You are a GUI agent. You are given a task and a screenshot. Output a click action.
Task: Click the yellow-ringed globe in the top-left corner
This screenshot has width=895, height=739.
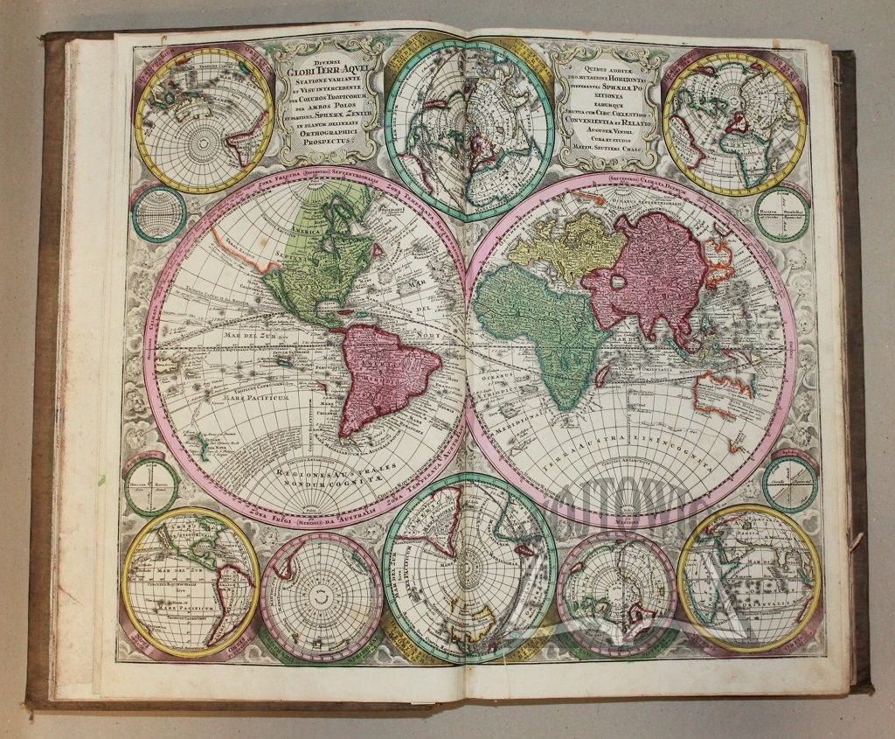[x=204, y=120]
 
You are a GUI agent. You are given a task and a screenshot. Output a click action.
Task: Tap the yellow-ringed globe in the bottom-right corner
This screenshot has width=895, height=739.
[x=750, y=578]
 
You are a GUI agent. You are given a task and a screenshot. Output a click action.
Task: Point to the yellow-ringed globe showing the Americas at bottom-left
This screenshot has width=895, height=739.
[x=190, y=581]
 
